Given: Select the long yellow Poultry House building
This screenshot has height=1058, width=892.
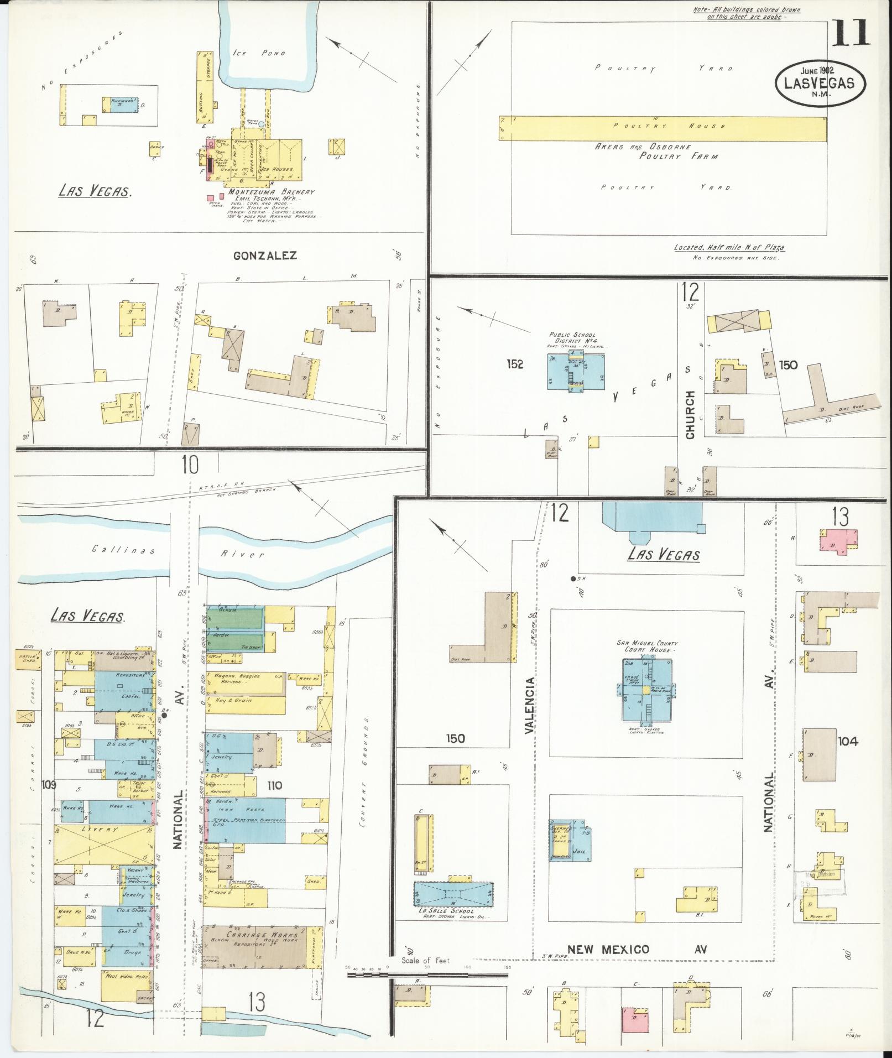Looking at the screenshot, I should point(663,127).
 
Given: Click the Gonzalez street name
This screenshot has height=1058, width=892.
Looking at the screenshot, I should point(265,256).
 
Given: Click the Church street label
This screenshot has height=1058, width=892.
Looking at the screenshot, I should point(690,415).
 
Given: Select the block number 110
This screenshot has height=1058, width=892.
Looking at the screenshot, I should point(274,785).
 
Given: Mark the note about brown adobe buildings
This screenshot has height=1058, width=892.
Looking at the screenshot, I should point(747,13).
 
